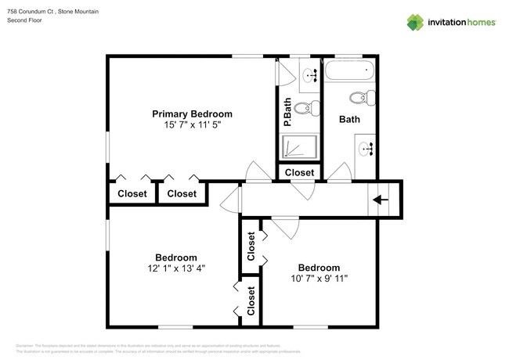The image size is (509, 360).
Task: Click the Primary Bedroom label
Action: tap(192, 113)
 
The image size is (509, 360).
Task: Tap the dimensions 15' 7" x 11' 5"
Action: tap(192, 125)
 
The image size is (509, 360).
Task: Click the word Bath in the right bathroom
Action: tap(349, 120)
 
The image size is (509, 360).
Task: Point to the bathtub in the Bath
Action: tap(349, 72)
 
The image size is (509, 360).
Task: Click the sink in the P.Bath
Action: tap(309, 74)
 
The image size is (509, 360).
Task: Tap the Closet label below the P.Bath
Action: tap(299, 173)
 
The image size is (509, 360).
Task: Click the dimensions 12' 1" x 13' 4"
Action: tap(175, 269)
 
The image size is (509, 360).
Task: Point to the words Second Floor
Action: tap(24, 20)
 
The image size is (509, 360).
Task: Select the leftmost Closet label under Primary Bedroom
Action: tap(132, 193)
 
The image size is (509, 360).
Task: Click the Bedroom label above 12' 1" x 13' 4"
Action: tap(175, 257)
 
